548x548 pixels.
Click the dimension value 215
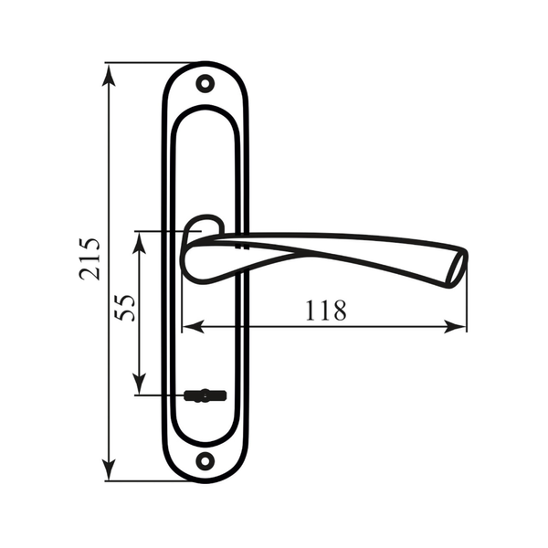(90, 259)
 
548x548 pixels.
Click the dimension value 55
(125, 308)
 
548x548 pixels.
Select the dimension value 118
(326, 311)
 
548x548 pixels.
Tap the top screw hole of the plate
(205, 83)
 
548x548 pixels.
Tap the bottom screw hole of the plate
(205, 461)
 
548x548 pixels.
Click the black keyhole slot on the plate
(205, 395)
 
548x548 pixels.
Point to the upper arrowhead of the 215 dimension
(109, 75)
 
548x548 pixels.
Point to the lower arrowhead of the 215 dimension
(109, 469)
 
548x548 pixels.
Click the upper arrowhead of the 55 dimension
(140, 243)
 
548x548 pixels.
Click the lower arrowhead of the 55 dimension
(140, 384)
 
